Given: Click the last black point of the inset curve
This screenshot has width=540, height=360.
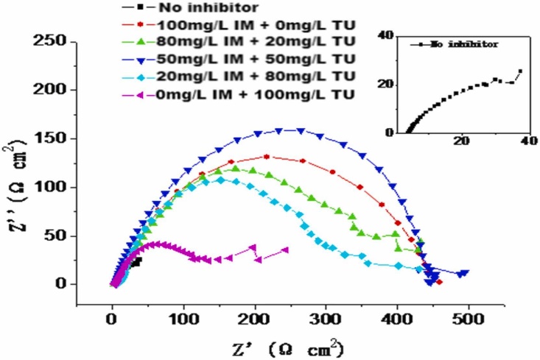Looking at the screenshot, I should click(x=520, y=71).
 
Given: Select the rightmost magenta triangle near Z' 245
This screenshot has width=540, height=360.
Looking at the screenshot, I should click(x=286, y=250).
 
